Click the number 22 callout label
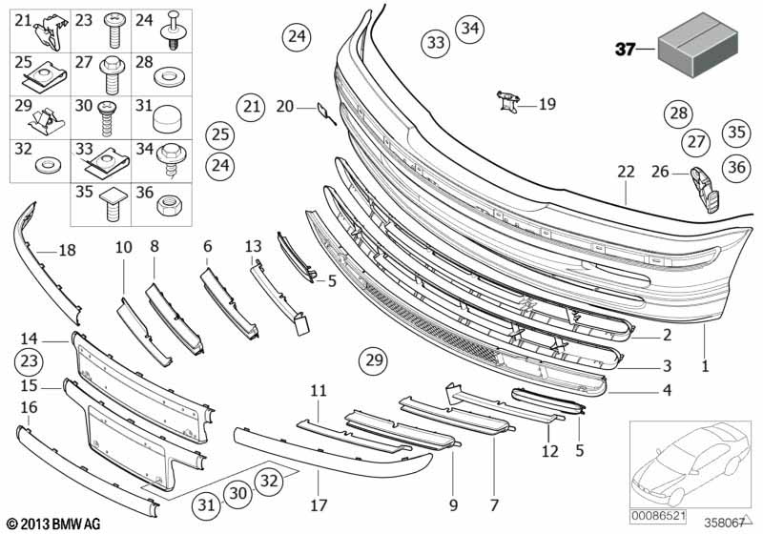coord(625,172)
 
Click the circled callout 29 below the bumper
coord(374,360)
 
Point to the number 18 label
coord(66,251)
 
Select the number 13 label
coord(253,246)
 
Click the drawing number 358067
coord(725,523)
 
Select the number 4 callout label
coord(667,390)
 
